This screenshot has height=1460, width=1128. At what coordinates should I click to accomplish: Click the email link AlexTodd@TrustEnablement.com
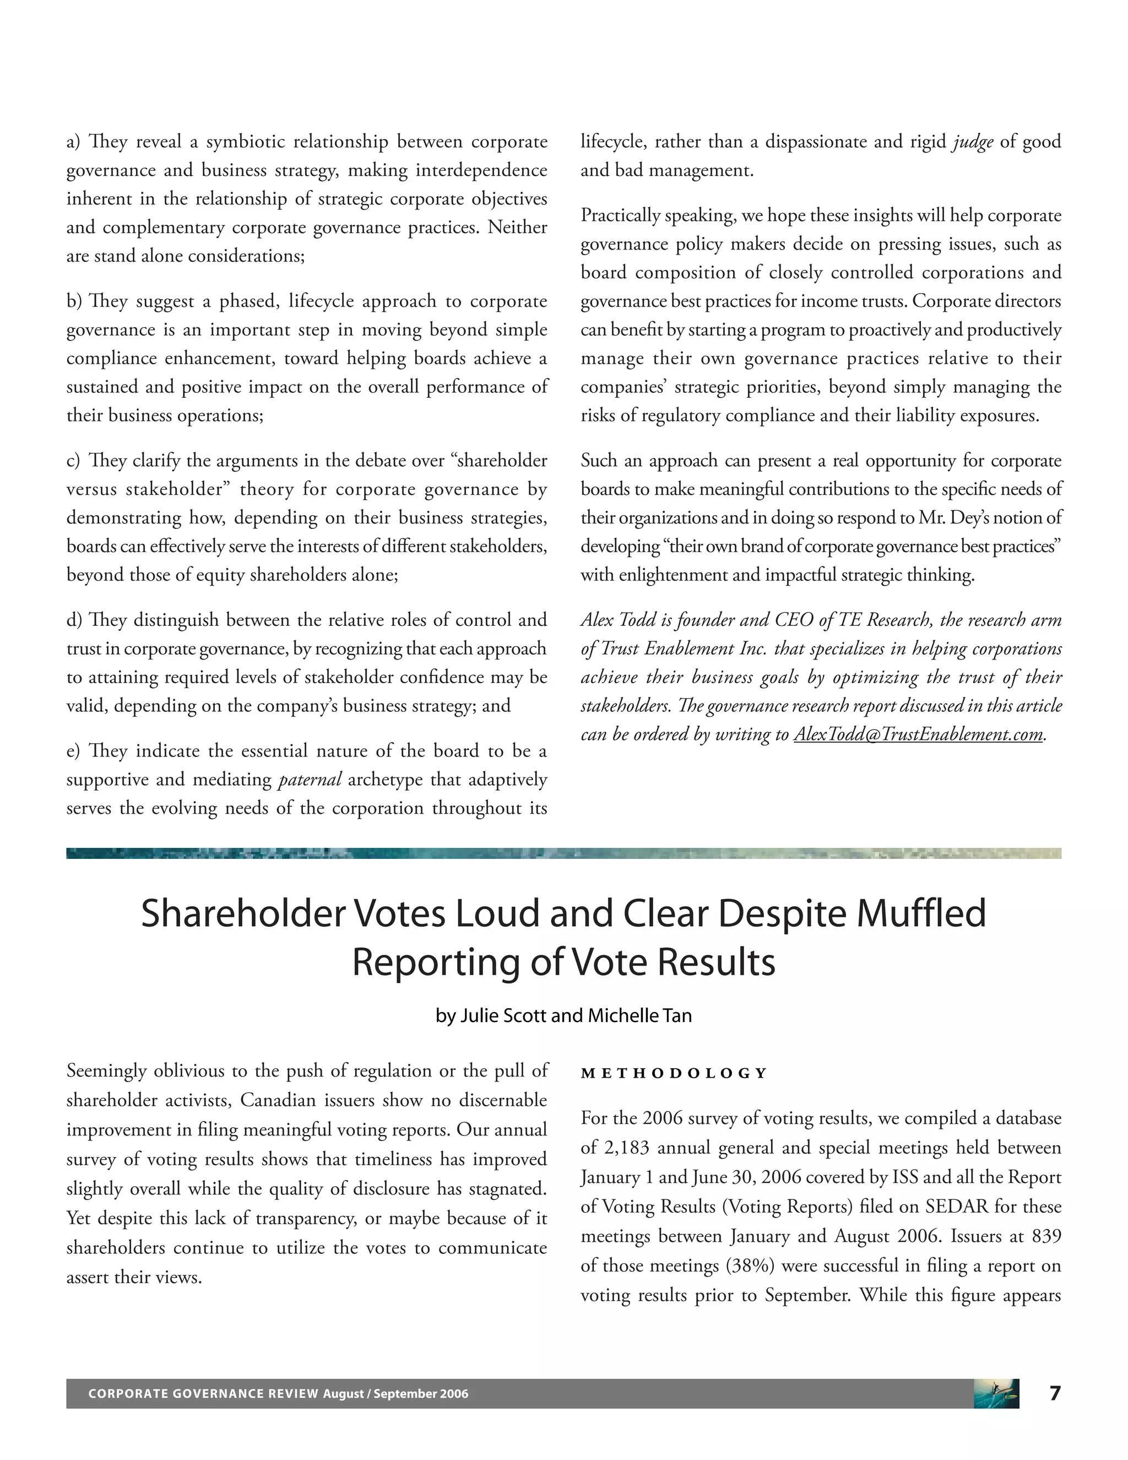pos(918,734)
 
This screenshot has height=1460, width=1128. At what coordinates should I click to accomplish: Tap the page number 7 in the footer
pos(1055,1393)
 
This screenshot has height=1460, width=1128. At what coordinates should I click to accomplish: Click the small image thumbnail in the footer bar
pos(996,1393)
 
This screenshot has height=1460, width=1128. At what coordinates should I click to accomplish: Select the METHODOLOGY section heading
pos(674,1074)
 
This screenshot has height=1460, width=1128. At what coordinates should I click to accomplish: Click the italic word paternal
pos(310,780)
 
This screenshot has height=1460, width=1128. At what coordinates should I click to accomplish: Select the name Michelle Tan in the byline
pos(639,1015)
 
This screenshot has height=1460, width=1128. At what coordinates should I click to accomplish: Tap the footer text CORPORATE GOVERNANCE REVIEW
pos(203,1394)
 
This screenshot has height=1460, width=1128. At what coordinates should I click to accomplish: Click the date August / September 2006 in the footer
pos(395,1394)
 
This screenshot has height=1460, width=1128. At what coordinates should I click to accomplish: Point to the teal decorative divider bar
pos(563,853)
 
